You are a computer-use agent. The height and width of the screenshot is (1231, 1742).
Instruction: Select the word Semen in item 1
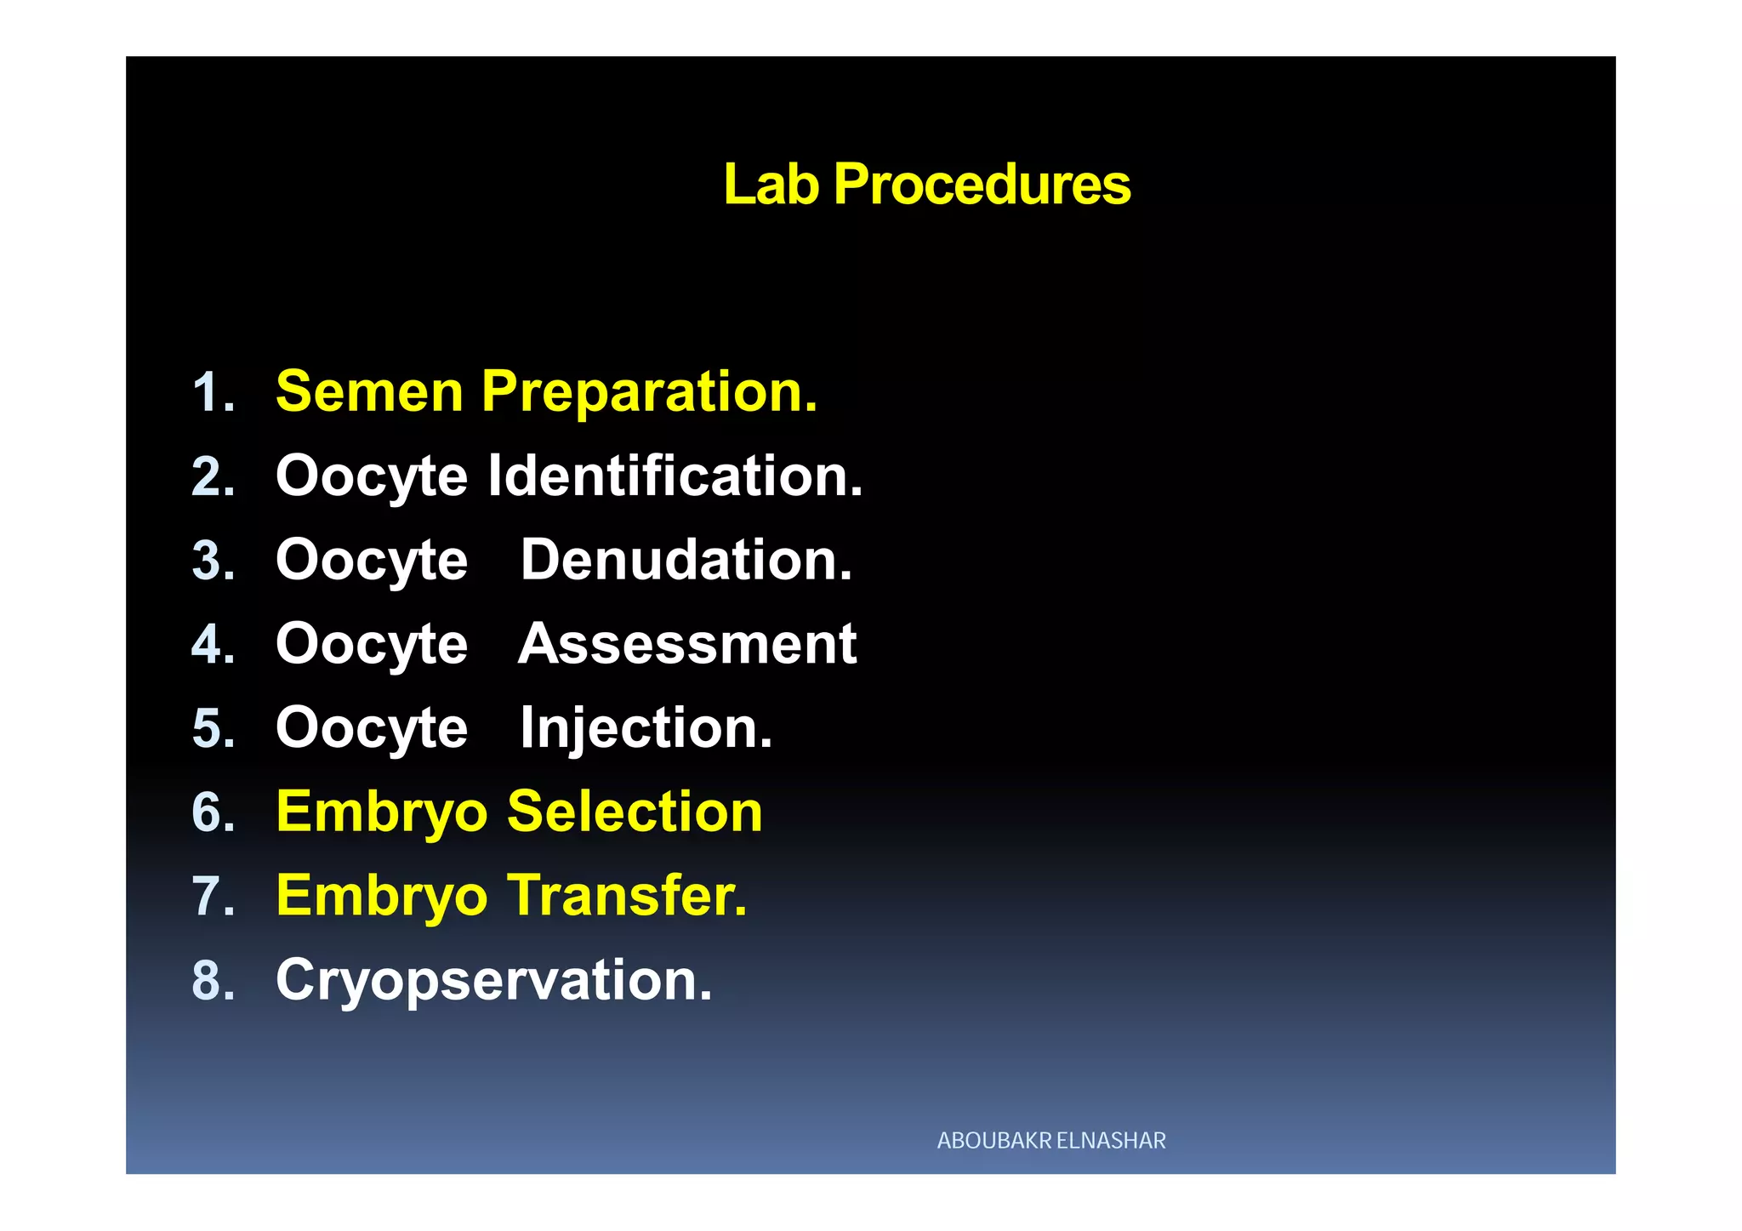coord(369,392)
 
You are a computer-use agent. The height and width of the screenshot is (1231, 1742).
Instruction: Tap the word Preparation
coord(649,392)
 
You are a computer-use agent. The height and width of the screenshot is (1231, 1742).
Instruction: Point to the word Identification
coord(675,476)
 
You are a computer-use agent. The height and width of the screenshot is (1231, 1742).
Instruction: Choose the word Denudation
coord(686,560)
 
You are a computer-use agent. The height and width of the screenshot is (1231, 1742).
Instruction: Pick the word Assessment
coord(687,644)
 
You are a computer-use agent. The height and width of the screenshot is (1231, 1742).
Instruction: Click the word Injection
coord(646,728)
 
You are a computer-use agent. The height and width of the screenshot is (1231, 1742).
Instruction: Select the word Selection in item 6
coord(635,812)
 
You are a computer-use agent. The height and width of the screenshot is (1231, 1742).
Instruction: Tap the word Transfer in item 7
coord(627,896)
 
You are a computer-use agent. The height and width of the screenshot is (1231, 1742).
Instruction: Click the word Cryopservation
coord(493,980)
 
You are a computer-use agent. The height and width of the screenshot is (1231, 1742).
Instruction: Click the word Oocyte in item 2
coord(372,476)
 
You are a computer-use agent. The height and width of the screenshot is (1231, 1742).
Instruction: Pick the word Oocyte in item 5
coord(372,729)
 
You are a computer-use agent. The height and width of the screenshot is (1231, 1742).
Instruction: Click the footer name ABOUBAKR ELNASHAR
coord(1051,1141)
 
